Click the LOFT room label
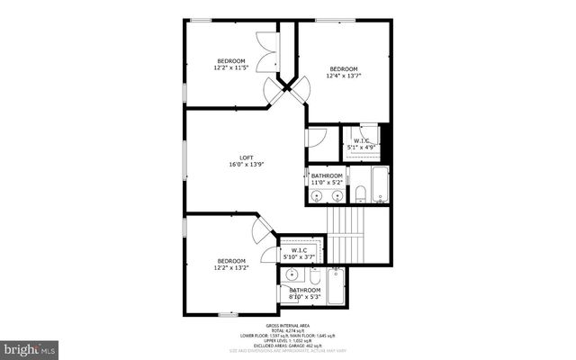(x=246, y=158)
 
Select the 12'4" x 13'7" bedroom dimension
(x=343, y=76)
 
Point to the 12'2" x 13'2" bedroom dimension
(x=230, y=267)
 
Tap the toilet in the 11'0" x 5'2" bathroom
(x=360, y=193)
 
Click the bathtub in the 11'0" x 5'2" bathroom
(x=380, y=184)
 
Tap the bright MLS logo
(x=31, y=347)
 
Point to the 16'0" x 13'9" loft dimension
(x=246, y=166)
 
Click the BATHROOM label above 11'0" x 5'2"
(x=327, y=175)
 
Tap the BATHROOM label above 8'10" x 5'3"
(x=305, y=290)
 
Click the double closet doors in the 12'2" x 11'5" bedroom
(x=267, y=52)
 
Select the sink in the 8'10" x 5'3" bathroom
(x=292, y=275)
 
